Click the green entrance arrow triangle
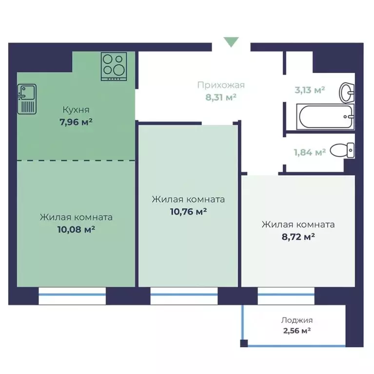231,42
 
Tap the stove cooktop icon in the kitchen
114,66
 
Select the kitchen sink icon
27,99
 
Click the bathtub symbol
325,117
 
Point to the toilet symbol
342,150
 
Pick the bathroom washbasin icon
347,93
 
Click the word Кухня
76,110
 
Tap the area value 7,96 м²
76,122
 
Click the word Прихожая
221,85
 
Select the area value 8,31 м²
221,97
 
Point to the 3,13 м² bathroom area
310,90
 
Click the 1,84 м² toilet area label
310,152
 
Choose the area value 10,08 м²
76,229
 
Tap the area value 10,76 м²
188,211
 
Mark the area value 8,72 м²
298,237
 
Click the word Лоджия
297,320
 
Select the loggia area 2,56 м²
297,331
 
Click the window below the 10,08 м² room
72,296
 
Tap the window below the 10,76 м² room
184,296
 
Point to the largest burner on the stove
119,70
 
